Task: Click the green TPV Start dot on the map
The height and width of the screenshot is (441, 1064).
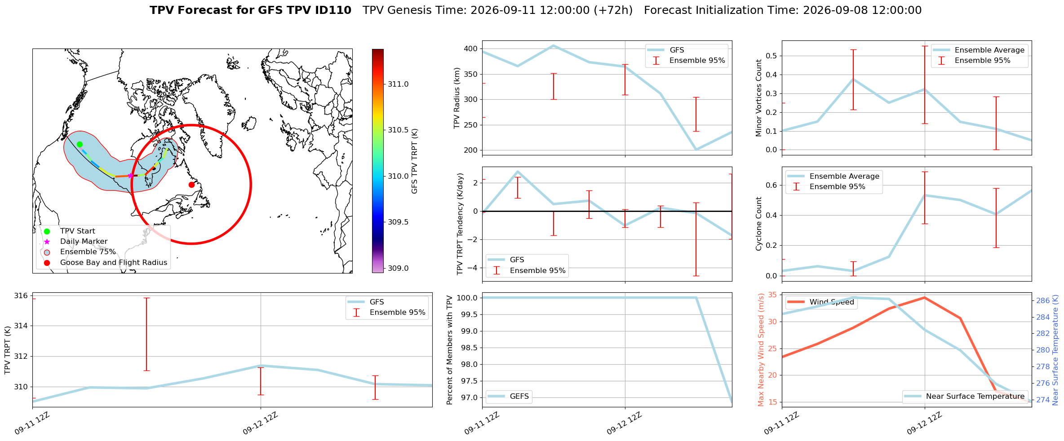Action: pos(80,144)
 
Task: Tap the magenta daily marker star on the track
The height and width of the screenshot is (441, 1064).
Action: pos(130,176)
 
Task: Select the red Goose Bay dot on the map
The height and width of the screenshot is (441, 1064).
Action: pos(191,185)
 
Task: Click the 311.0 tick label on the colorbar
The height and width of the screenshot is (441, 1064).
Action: pos(398,84)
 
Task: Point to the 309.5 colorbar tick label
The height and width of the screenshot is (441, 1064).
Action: pos(398,222)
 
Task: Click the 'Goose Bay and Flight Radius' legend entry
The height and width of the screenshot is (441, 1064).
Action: pos(114,262)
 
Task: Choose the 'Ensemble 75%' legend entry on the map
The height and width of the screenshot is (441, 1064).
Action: pos(88,252)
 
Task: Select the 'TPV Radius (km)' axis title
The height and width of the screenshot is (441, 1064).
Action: pos(457,98)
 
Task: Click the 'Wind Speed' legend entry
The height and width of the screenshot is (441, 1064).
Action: pos(832,302)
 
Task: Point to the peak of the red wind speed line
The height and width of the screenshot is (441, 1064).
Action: pos(924,297)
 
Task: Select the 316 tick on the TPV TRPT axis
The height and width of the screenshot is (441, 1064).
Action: pos(21,295)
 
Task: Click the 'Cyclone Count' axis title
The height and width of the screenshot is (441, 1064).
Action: pos(759,224)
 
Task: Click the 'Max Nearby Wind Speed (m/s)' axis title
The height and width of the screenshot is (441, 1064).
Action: pos(761,350)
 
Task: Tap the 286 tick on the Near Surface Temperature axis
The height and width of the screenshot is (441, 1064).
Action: pos(1043,300)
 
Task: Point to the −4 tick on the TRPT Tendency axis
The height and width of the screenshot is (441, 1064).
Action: pos(473,268)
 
